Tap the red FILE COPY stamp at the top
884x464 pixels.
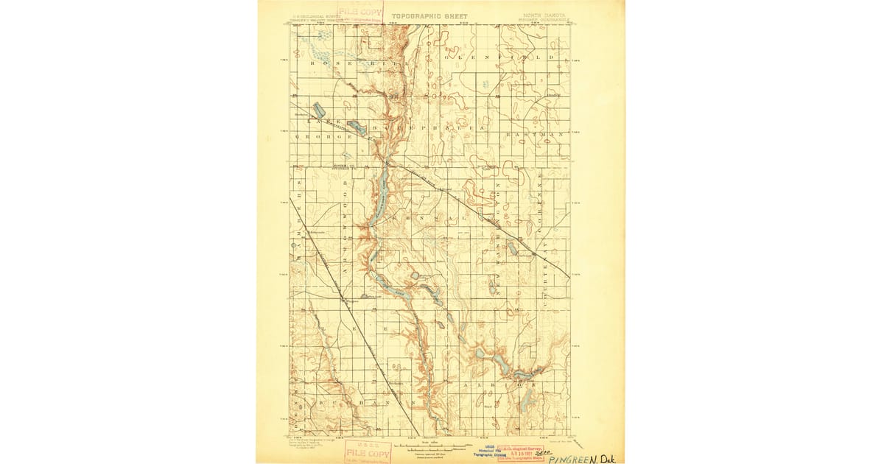point(361,13)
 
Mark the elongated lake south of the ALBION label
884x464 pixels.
point(526,401)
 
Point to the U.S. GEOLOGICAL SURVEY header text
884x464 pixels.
point(316,15)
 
